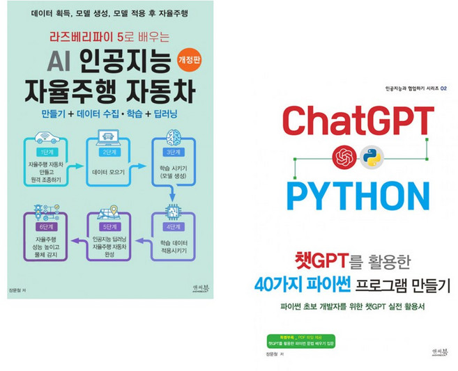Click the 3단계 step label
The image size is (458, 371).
(x=172, y=152)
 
